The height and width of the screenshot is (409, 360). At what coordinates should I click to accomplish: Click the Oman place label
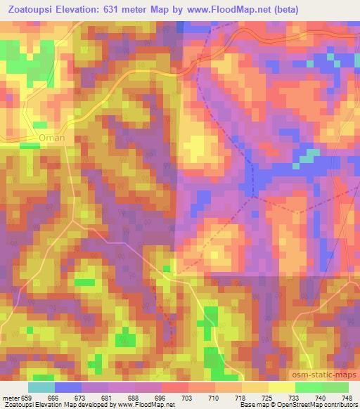(x=53, y=138)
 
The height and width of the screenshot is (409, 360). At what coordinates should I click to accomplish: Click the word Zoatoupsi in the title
(x=32, y=10)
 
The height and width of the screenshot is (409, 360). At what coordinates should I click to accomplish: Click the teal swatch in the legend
(x=41, y=387)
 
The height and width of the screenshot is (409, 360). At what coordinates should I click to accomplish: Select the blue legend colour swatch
(x=68, y=387)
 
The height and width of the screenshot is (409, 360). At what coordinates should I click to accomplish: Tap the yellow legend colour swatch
(x=282, y=387)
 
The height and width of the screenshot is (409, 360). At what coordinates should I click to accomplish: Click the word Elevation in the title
(x=93, y=10)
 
